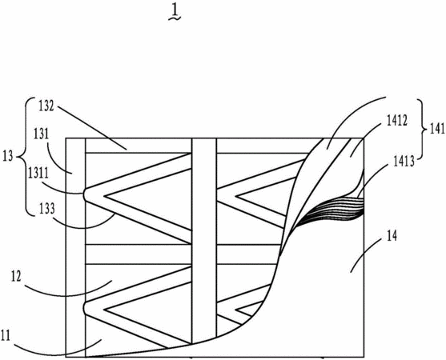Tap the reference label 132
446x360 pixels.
point(46,106)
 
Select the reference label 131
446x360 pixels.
point(42,134)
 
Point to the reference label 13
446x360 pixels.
point(8,157)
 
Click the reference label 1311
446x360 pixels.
point(38,174)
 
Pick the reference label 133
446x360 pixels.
point(46,209)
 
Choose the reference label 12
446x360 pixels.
point(16,277)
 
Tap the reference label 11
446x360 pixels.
point(5,336)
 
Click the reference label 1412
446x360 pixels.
point(397,121)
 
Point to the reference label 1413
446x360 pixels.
point(404,162)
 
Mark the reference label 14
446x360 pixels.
point(392,237)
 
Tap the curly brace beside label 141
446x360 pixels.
point(423,130)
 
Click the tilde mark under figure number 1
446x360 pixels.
point(175,18)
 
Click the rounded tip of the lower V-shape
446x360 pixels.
point(85,308)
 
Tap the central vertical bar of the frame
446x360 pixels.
point(204,241)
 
